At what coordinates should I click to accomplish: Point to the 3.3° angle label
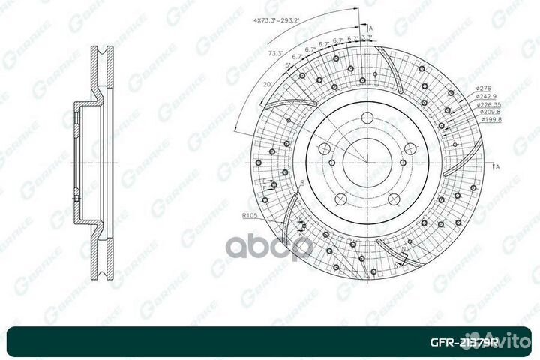pyautogui.click(x=367, y=36)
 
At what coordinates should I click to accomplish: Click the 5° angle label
pyautogui.click(x=288, y=65)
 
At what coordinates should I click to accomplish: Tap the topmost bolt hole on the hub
pyautogui.click(x=368, y=118)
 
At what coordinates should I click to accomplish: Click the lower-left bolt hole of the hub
pyautogui.click(x=340, y=198)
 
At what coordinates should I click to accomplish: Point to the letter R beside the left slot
pyautogui.click(x=301, y=183)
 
